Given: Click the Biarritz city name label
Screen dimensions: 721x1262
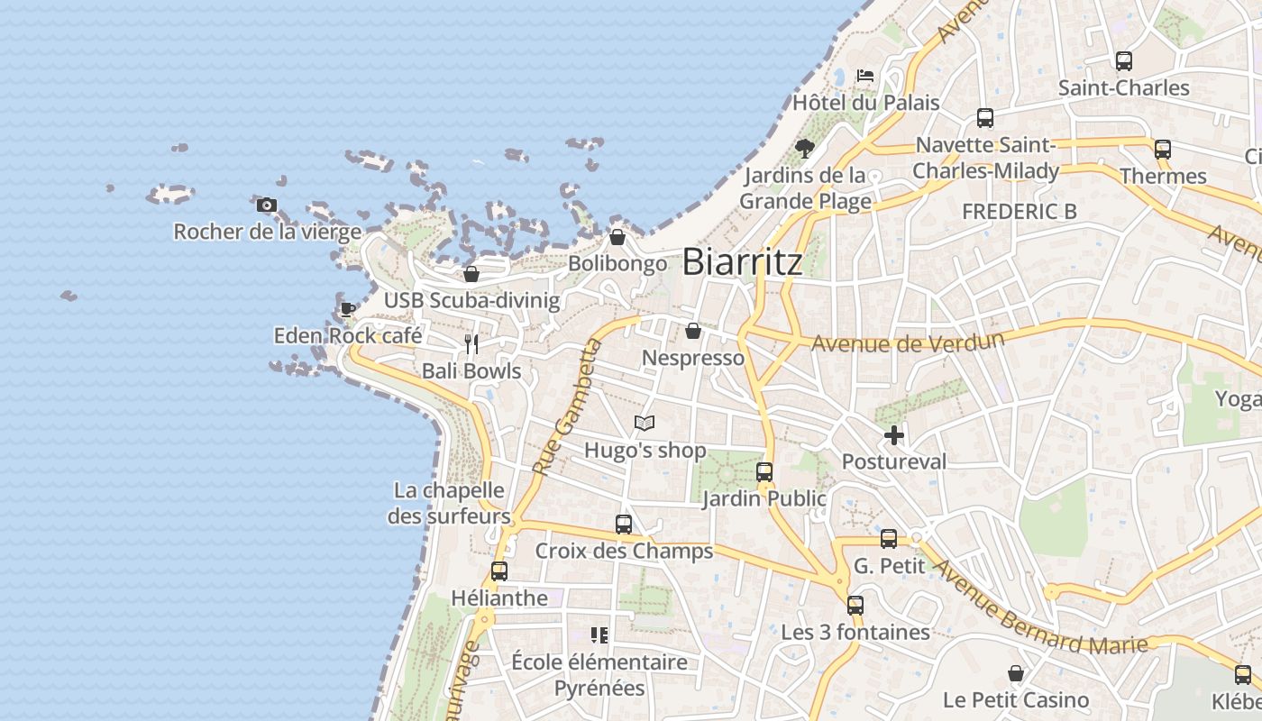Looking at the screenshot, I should click(742, 262).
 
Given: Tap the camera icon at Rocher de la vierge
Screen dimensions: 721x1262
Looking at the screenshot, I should click(266, 205).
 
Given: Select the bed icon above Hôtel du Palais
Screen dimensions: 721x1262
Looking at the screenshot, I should click(865, 76).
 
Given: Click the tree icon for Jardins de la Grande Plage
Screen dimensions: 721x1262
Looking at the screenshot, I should click(804, 148).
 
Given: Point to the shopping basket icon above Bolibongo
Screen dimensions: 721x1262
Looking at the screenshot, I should click(617, 237).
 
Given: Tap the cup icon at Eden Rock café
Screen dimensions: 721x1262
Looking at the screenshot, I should click(347, 310).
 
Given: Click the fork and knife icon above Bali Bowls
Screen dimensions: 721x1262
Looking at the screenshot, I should click(471, 343).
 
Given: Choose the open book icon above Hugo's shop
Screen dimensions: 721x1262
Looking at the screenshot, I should click(645, 423).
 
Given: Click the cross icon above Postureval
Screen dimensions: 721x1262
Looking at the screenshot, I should click(894, 435).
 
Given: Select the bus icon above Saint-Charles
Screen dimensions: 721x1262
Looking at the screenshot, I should click(1123, 61).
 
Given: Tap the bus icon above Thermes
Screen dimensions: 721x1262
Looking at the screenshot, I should click(1163, 150).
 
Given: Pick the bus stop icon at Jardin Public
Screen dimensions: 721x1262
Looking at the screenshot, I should click(764, 471).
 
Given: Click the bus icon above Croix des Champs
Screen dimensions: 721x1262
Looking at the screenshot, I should click(623, 524).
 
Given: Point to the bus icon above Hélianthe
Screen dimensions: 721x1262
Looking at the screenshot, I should click(499, 570).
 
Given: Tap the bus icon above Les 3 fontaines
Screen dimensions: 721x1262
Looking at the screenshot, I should click(855, 606).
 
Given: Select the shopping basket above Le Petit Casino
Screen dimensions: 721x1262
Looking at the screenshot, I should click(1016, 673).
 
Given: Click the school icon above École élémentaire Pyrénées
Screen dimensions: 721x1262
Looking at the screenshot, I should click(599, 635).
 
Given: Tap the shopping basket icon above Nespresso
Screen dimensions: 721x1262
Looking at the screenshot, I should click(693, 332).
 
